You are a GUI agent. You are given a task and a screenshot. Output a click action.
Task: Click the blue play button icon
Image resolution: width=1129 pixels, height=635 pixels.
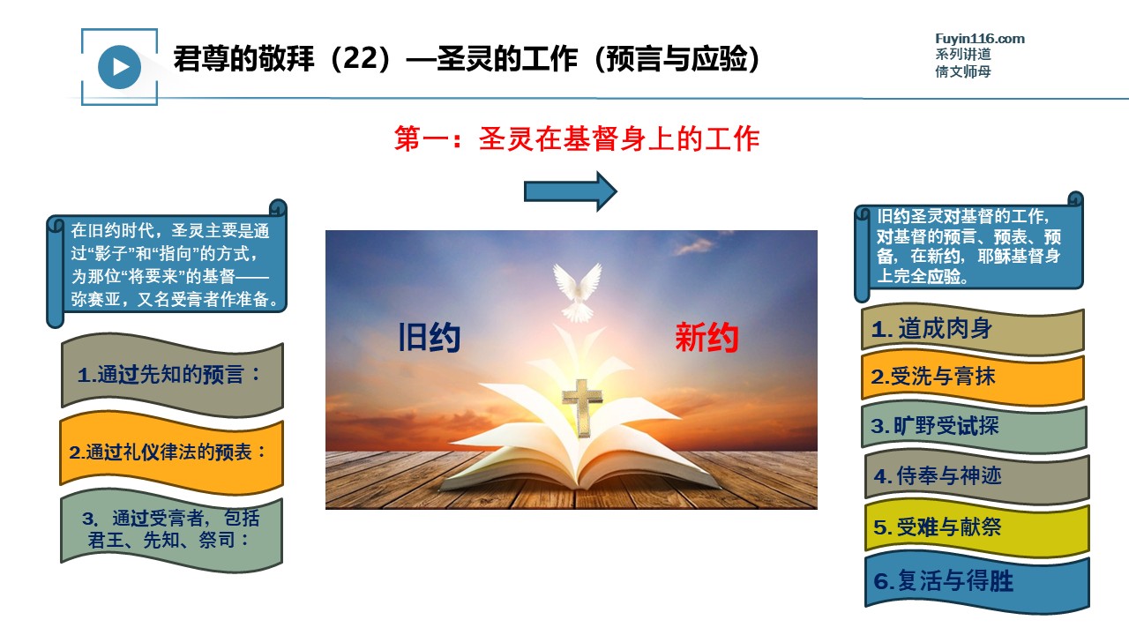[119, 67]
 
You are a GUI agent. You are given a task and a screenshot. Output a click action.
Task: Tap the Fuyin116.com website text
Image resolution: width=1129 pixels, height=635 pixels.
[979, 39]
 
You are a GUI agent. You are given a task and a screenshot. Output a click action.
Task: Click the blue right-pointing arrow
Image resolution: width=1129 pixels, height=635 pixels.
[571, 191]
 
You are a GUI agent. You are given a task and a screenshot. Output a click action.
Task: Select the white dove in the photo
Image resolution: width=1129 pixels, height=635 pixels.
[578, 292]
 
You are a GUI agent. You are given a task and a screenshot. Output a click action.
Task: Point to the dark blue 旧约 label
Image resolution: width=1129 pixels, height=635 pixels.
[429, 337]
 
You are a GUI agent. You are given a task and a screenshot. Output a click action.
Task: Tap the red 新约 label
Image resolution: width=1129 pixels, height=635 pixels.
[707, 337]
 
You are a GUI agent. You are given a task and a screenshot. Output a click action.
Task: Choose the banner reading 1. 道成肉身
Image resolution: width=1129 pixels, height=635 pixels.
[972, 329]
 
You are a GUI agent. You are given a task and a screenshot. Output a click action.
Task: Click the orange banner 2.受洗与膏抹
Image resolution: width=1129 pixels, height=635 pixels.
[972, 377]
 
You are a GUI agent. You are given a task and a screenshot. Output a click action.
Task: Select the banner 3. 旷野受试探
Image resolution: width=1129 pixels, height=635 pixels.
[974, 426]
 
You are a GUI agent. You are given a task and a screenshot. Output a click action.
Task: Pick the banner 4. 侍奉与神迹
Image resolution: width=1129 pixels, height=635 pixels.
[976, 476]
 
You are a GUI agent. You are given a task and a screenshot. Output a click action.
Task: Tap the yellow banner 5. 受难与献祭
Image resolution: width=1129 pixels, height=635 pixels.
[976, 528]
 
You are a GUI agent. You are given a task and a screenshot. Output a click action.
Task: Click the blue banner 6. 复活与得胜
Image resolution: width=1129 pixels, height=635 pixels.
[976, 582]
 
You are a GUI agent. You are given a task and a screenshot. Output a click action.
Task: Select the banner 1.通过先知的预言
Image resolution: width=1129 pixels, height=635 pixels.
[172, 376]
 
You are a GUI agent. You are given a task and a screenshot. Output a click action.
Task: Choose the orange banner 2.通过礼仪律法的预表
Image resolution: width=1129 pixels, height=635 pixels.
[171, 452]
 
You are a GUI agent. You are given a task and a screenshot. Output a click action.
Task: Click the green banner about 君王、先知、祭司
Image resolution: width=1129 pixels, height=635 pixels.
[171, 530]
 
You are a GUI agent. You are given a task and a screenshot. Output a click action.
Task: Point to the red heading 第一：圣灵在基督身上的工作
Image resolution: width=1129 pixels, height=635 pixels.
[577, 138]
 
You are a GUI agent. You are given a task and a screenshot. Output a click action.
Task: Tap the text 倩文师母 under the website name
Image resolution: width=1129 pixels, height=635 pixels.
[962, 71]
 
